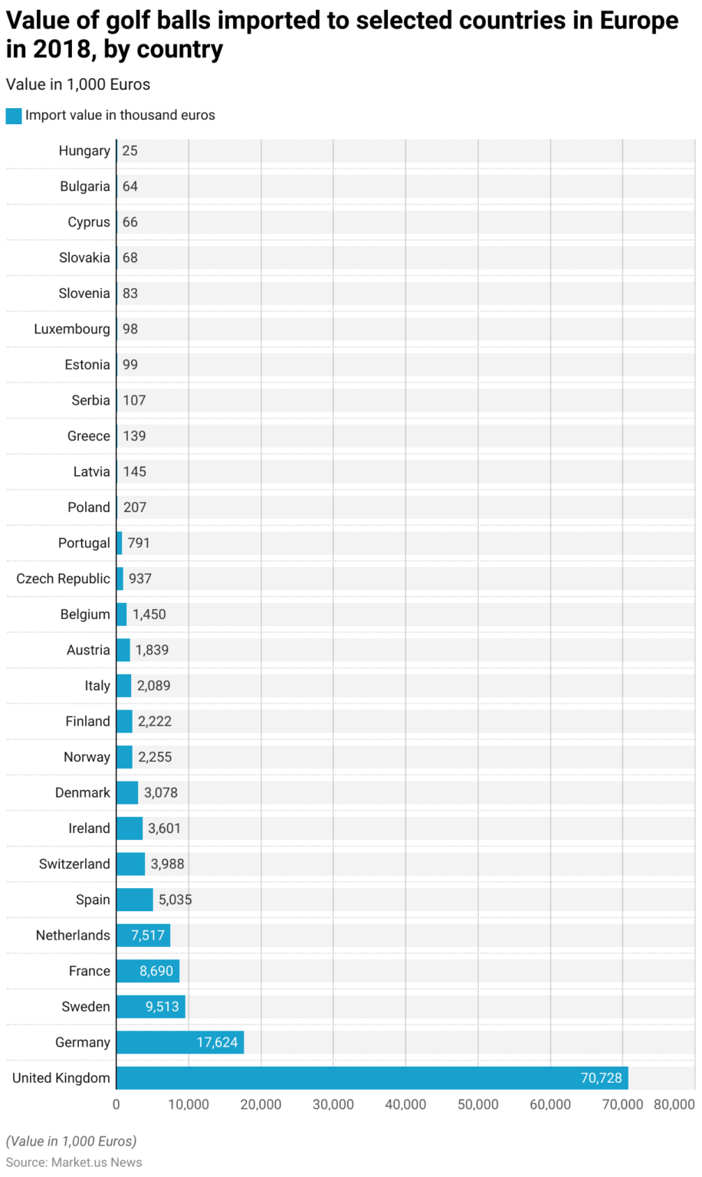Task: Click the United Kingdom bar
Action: point(372,1077)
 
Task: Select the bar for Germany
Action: point(179,1042)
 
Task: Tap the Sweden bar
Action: point(150,1006)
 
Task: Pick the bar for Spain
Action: point(134,900)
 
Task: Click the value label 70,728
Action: point(601,1077)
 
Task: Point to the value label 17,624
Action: point(217,1042)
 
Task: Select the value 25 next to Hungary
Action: point(130,151)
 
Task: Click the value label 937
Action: point(139,579)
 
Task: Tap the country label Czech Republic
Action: point(63,579)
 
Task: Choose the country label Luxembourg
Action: point(72,329)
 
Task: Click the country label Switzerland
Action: point(74,864)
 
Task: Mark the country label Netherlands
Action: point(73,935)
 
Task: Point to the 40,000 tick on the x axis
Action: point(405,1104)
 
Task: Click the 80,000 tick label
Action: point(674,1104)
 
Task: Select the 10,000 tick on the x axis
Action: point(189,1104)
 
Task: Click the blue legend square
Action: point(14,116)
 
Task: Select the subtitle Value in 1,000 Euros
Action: point(78,84)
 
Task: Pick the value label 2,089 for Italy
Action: point(153,685)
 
